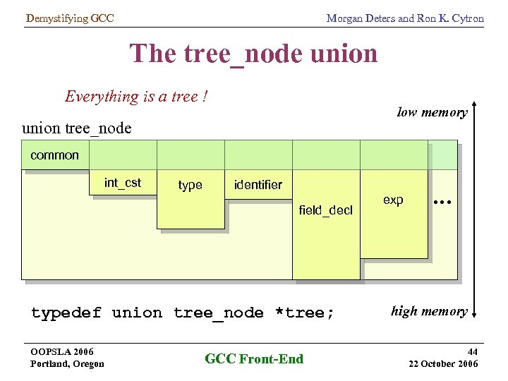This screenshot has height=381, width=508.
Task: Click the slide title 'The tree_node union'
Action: (x=253, y=54)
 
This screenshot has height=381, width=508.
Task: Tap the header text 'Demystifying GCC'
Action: (x=69, y=18)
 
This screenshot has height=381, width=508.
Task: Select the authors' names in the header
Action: (x=404, y=18)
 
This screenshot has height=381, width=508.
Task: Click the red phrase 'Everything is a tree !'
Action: (x=136, y=96)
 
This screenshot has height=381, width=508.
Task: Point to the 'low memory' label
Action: (x=432, y=112)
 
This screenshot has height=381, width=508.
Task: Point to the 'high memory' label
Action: (x=429, y=311)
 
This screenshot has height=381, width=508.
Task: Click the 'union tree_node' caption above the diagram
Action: (x=77, y=128)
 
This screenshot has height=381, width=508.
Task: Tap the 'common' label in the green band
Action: (x=54, y=155)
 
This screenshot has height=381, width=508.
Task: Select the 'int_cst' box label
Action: (x=123, y=183)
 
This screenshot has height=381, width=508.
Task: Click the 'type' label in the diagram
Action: (x=190, y=185)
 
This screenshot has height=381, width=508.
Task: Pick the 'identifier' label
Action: (x=258, y=185)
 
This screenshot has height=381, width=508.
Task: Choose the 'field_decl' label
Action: (x=325, y=210)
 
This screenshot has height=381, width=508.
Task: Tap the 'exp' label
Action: (x=393, y=200)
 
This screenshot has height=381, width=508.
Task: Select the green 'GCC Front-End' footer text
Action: (x=254, y=358)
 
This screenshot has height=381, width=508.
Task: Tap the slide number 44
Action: (x=471, y=351)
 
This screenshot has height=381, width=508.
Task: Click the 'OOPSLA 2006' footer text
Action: (x=62, y=351)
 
